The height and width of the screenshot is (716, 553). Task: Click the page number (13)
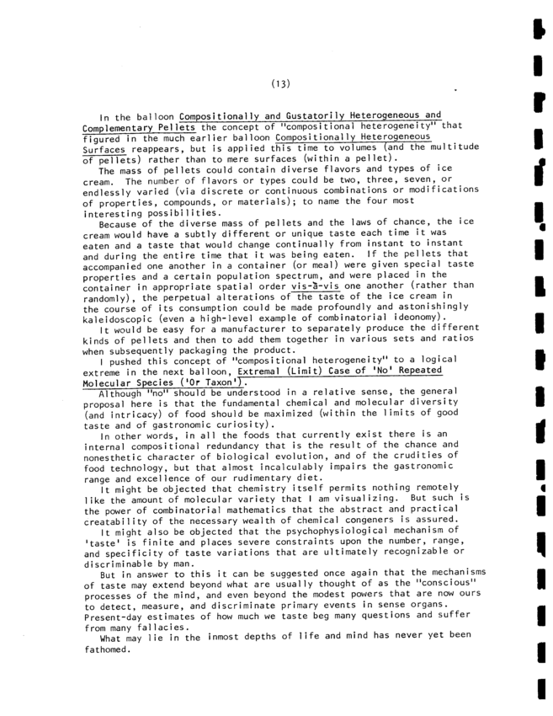[x=281, y=82]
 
